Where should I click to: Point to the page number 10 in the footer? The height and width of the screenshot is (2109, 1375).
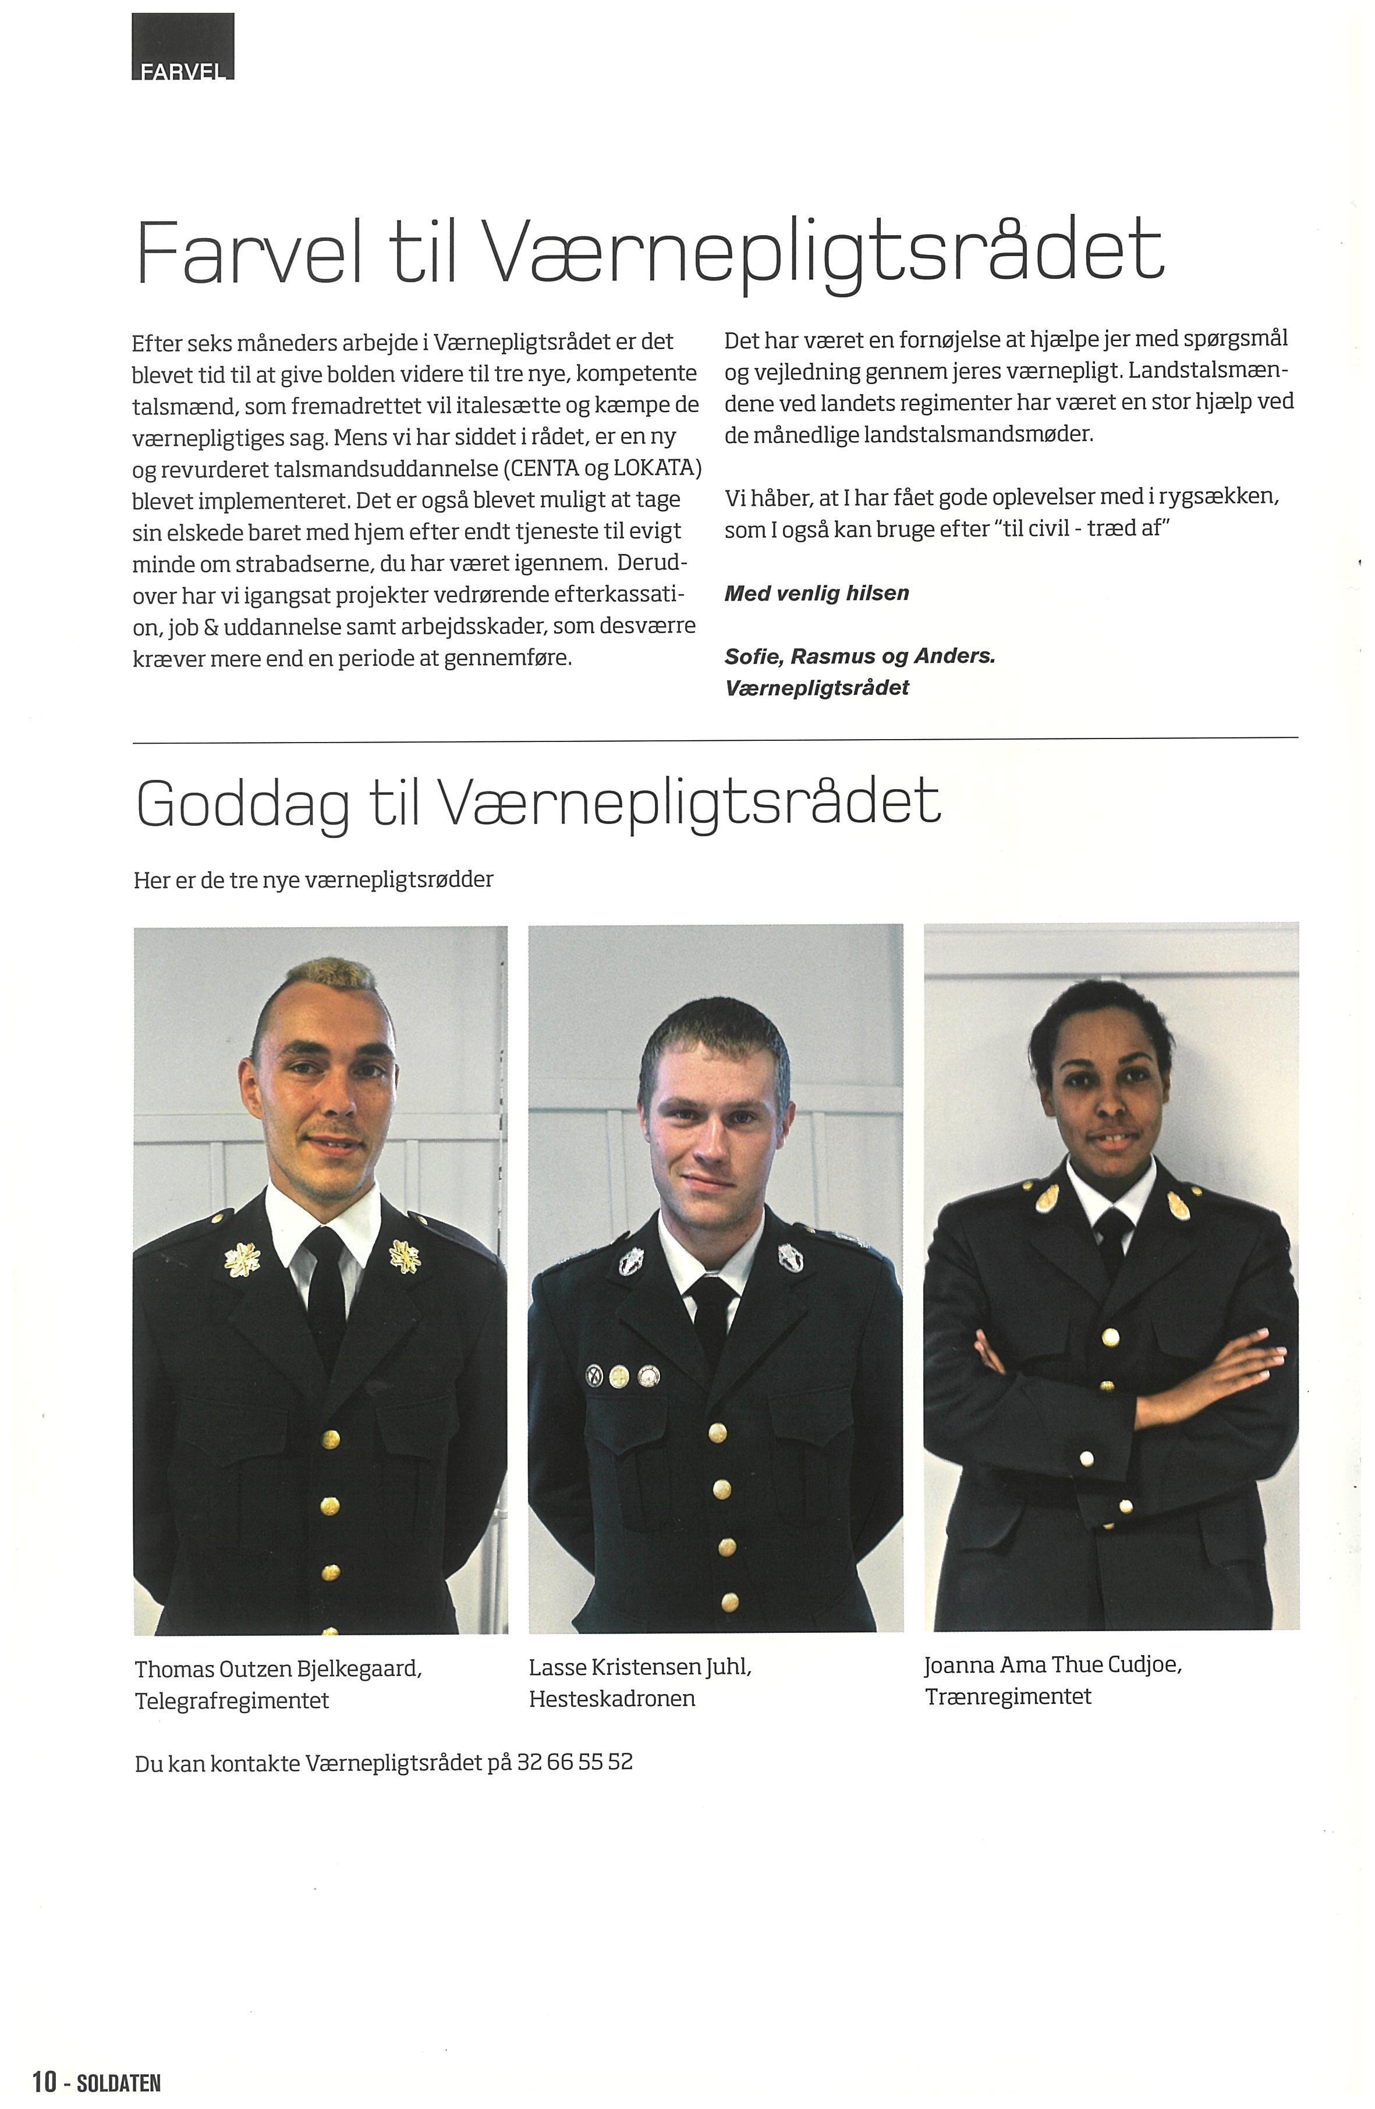(44, 2082)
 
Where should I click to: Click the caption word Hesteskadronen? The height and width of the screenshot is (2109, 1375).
(612, 1699)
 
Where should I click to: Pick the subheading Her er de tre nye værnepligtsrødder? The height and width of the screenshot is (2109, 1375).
(313, 880)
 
